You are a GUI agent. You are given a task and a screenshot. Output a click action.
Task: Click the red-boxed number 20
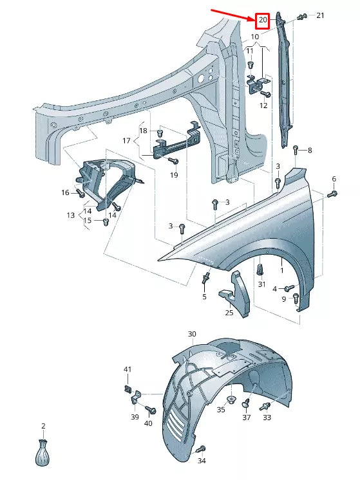coord(262,20)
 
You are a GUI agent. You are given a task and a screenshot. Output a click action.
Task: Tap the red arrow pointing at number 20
coord(232,14)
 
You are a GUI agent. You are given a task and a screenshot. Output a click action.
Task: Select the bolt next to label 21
coord(301,16)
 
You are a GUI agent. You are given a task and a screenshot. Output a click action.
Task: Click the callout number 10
coord(255,37)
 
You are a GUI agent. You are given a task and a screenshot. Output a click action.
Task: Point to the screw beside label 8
coord(295,151)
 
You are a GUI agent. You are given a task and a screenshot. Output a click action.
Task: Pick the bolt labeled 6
coord(332,192)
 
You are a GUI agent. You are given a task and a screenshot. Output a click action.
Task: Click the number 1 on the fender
coord(281,263)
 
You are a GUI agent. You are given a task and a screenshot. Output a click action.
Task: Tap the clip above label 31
coord(261,268)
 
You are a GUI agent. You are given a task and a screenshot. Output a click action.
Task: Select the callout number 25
coord(229,313)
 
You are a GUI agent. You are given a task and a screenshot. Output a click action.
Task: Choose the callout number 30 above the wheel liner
coord(191,334)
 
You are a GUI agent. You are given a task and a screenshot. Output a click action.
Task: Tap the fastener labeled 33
coord(265,407)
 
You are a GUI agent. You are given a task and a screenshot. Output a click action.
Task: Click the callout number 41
coord(128,369)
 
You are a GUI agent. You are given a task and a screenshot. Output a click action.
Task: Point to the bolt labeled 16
coord(80,192)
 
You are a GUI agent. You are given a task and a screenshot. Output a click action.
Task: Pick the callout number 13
coord(70,216)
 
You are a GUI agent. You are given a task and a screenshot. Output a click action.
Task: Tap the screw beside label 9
coord(296,297)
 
